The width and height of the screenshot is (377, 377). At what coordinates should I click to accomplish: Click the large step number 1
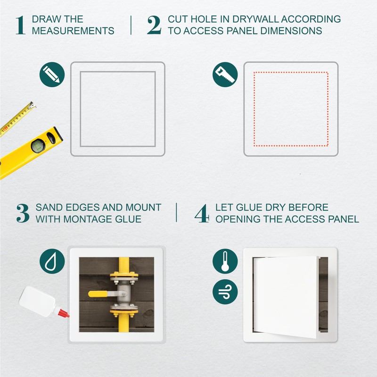pos(20,25)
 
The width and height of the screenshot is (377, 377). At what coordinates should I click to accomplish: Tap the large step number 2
pos(154,25)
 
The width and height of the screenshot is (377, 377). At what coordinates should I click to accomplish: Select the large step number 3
pos(23,213)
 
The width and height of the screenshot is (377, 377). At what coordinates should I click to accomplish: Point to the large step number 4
pos(202,213)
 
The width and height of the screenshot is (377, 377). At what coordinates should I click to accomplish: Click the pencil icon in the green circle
pos(52,74)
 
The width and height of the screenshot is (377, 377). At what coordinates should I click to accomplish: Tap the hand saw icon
pos(225,74)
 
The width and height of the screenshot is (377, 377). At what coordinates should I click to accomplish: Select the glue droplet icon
pos(52,261)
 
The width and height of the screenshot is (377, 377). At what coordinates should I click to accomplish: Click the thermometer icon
pos(225,261)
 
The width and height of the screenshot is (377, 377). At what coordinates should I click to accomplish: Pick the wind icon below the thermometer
pos(225,292)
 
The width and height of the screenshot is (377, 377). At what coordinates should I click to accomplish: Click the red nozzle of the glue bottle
pos(64,313)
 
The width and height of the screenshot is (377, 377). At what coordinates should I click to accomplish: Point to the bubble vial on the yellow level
pos(38,146)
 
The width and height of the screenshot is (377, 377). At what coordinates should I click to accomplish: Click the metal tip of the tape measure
pos(32,105)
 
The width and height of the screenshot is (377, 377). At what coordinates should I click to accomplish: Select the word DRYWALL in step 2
pos(255,19)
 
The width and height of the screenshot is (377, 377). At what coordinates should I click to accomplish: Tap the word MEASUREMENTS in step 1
pos(73,31)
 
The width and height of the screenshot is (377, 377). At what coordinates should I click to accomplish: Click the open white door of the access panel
pos(286,296)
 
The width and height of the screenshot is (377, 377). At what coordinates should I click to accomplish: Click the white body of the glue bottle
pos(37,301)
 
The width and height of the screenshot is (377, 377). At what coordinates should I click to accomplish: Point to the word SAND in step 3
pos(49,207)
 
